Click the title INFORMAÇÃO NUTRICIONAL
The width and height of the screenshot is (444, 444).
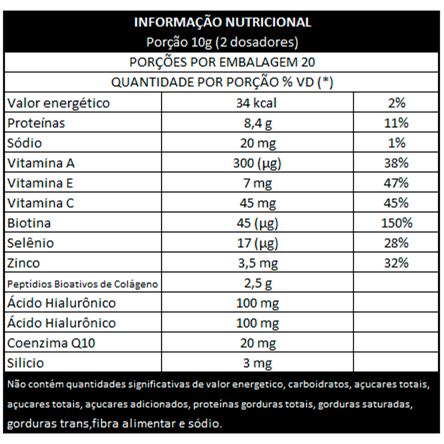coord(222,23)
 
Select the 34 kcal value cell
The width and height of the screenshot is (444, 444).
coord(257,103)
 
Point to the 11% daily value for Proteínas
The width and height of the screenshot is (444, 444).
coord(396,123)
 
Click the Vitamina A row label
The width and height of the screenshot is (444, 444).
coord(41,163)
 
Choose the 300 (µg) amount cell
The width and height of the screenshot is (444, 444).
coord(257,163)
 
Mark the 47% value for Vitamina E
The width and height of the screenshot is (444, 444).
coord(396,183)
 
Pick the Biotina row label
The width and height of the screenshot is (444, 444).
coord(29,223)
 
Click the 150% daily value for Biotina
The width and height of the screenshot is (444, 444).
coord(396,223)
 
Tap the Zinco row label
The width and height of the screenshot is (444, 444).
coord(24,263)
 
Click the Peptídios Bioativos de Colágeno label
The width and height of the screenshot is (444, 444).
coord(83,284)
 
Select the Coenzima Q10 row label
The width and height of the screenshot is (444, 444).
coord(51,343)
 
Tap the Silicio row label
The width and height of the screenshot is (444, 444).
coord(26,363)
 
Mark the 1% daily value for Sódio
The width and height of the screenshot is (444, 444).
coord(396,143)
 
